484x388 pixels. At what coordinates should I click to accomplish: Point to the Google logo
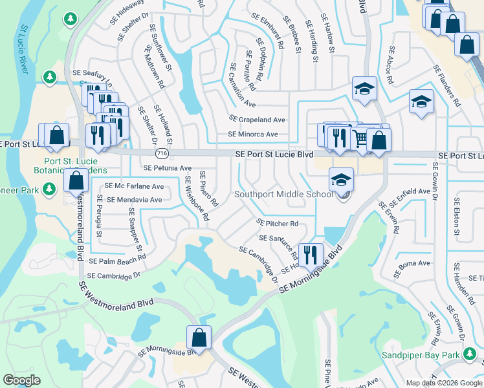(21, 380)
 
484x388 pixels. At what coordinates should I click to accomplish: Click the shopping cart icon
(360, 137)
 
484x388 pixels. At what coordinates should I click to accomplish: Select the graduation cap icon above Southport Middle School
(341, 180)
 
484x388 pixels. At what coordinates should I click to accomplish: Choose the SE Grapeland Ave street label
(257, 120)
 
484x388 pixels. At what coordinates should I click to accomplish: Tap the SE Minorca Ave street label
(252, 135)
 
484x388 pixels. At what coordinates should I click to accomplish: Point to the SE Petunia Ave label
(168, 167)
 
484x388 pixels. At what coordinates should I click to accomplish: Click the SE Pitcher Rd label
(278, 224)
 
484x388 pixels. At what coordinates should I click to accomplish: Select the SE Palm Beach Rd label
(118, 261)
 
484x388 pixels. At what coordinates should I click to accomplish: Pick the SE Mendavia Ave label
(135, 200)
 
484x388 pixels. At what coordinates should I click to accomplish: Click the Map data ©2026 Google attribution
(444, 382)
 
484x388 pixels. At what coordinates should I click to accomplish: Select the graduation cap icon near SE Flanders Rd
(421, 102)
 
